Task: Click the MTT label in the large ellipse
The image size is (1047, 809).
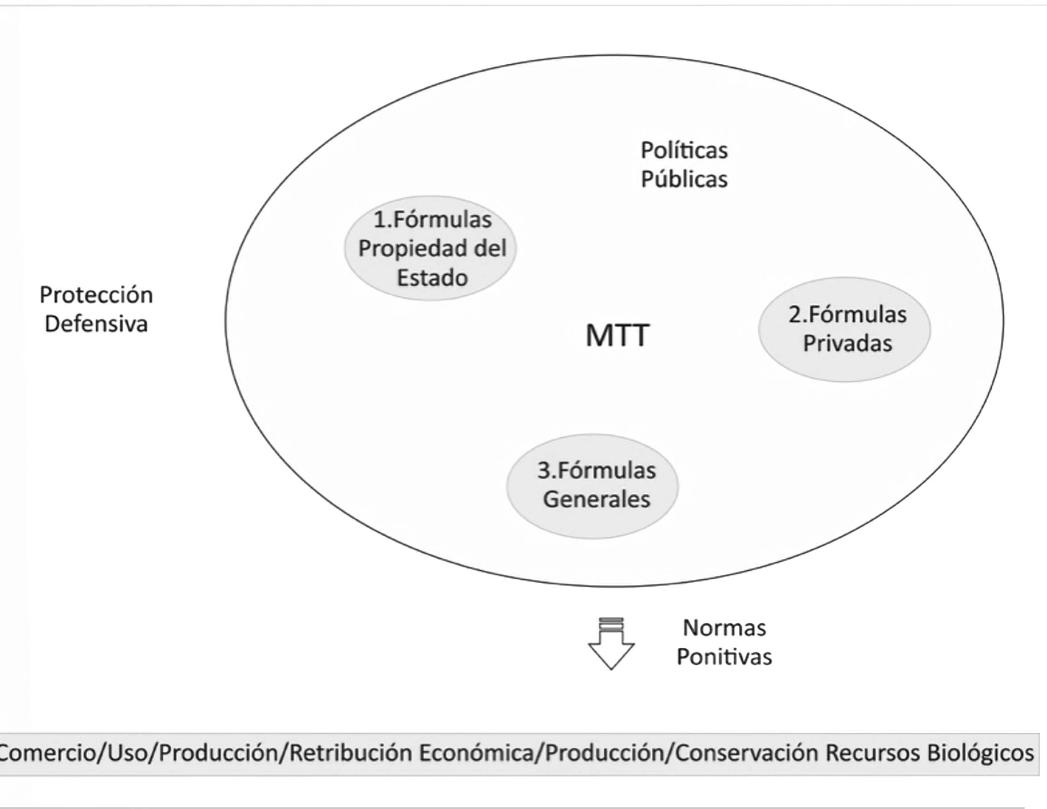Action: point(617,335)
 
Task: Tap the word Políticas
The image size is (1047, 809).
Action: point(684,151)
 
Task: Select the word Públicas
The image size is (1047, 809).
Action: point(684,180)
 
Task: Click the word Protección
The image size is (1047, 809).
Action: point(96,295)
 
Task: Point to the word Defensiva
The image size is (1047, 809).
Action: point(96,324)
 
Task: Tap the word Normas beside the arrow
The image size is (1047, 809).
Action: point(724,628)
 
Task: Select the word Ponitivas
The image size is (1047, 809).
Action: point(724,657)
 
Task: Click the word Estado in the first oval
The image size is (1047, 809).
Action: point(433,278)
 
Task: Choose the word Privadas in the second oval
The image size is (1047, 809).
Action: point(847,344)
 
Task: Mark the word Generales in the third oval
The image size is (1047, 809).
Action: point(596,499)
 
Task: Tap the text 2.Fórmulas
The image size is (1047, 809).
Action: point(847,315)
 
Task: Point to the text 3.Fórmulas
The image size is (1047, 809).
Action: point(596,470)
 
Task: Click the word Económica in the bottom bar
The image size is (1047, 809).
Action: point(477,753)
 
